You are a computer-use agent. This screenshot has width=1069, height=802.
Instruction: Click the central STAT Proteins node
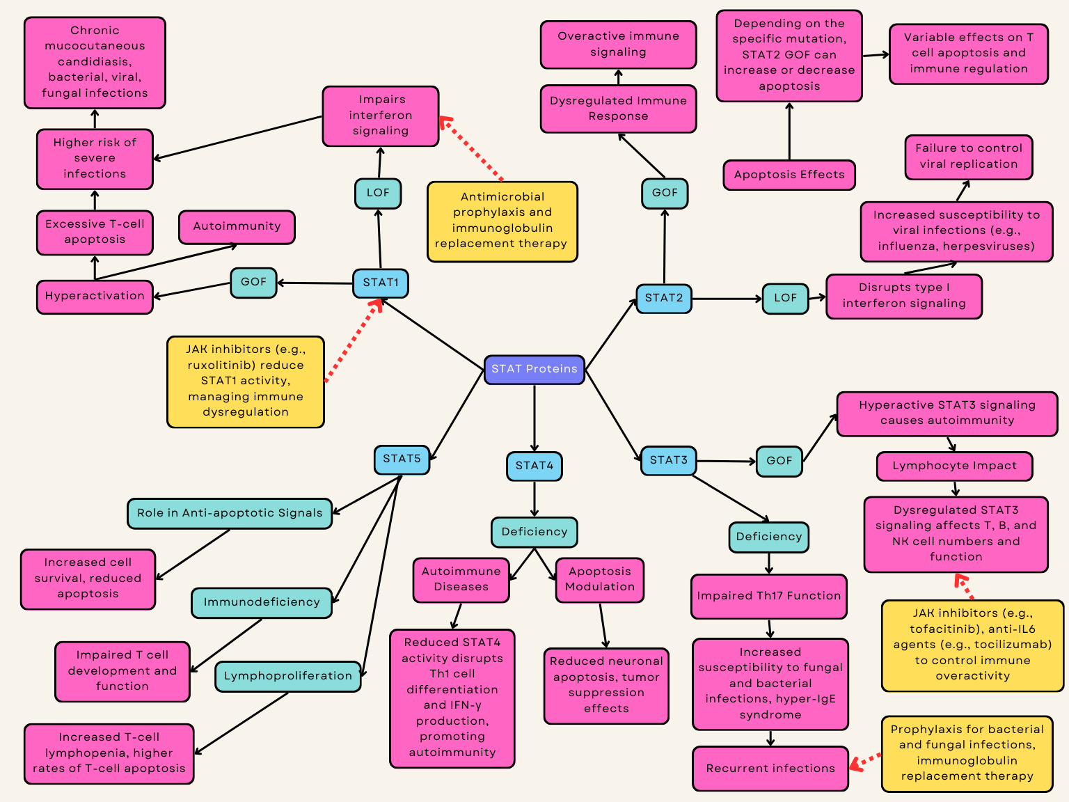click(x=534, y=370)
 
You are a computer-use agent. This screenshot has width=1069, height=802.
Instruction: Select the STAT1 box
click(x=381, y=283)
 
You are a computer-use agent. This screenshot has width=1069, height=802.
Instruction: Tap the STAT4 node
click(x=534, y=466)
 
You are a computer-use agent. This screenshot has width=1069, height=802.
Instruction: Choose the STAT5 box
click(x=402, y=459)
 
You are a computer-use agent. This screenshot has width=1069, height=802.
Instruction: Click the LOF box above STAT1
click(x=378, y=194)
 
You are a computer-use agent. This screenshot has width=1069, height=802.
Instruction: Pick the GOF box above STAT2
click(x=665, y=194)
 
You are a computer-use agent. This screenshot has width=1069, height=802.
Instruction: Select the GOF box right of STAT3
click(x=779, y=461)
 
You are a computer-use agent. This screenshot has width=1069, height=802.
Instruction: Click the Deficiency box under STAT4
click(x=534, y=533)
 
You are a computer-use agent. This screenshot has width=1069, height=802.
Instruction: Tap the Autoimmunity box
click(x=237, y=227)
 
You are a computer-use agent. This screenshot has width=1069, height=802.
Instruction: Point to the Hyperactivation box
click(x=95, y=297)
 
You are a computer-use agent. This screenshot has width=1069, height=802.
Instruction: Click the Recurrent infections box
click(x=770, y=769)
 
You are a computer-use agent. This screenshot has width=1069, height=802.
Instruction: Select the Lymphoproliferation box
click(x=288, y=677)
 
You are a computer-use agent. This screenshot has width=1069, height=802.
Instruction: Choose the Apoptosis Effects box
click(x=789, y=175)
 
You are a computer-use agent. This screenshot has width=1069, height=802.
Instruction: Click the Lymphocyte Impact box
click(x=955, y=466)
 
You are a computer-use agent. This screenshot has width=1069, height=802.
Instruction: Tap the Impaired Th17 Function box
click(x=768, y=596)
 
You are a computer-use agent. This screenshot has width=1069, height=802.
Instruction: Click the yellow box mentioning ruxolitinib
click(x=246, y=382)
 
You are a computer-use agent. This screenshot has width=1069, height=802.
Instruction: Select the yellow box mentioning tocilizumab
click(x=972, y=645)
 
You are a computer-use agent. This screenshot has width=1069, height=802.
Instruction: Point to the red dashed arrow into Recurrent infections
click(x=865, y=761)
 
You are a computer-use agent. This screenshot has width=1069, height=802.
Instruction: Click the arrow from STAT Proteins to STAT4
click(x=534, y=418)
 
